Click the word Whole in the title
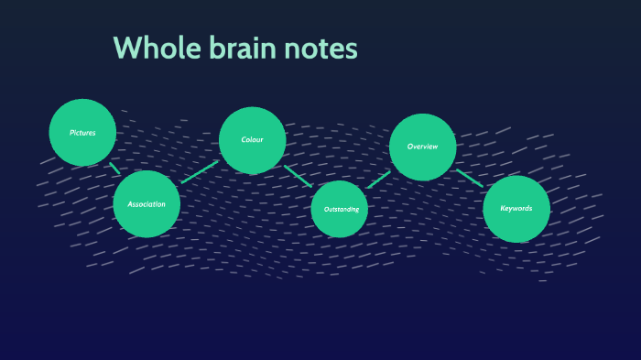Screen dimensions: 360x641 tap(152, 48)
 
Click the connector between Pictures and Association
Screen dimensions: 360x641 tap(114, 169)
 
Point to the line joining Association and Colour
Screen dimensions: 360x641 tap(200, 171)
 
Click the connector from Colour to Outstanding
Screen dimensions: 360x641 tap(298, 176)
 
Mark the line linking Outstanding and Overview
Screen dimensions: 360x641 tap(378, 180)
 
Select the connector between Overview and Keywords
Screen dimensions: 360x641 tap(469, 178)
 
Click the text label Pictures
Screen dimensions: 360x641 tap(82, 133)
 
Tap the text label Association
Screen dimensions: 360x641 tap(147, 204)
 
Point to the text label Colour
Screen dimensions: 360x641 tap(252, 140)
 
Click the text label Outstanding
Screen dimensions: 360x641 tap(340, 210)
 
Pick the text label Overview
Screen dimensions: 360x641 tap(422, 147)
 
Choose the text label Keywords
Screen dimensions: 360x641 tap(516, 208)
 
